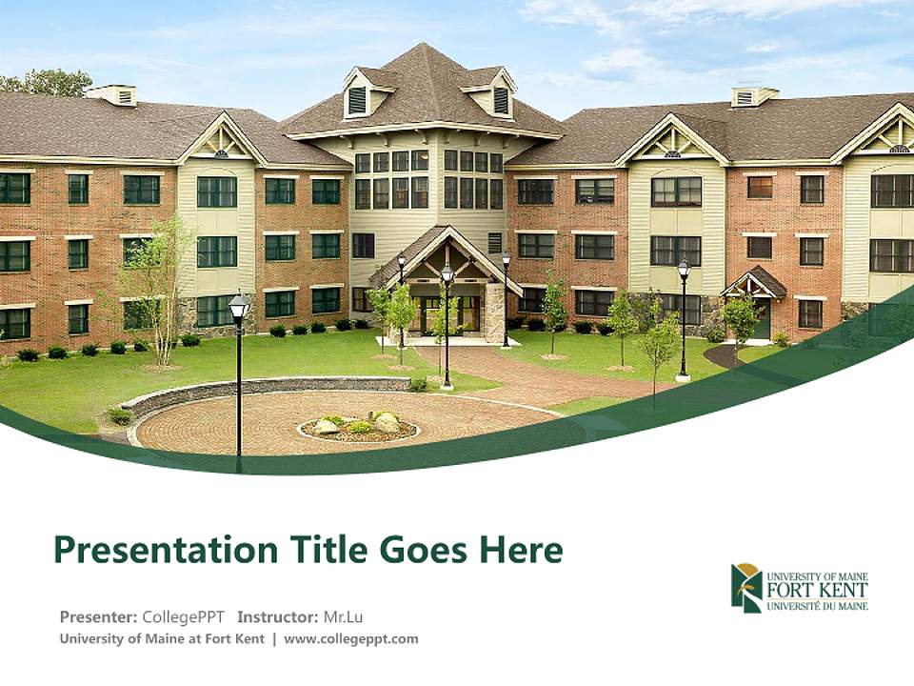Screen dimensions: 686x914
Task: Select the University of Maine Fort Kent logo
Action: [799, 587]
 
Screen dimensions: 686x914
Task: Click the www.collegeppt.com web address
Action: [351, 639]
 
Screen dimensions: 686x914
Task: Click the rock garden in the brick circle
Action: [359, 425]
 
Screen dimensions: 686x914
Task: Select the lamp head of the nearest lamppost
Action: [239, 306]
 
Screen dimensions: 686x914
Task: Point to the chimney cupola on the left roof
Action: [111, 94]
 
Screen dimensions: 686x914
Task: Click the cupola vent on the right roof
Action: [745, 97]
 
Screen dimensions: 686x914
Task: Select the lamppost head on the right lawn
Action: [684, 271]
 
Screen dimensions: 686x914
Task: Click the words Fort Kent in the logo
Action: [817, 591]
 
